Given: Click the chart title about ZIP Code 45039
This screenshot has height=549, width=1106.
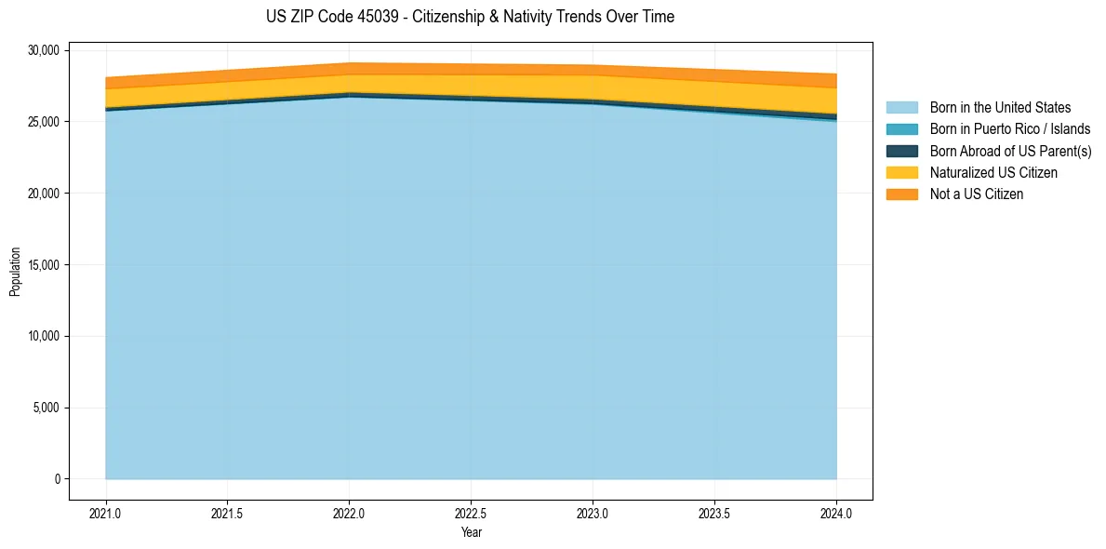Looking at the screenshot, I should click(x=470, y=17).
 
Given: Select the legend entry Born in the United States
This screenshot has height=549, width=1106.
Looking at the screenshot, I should click(x=1000, y=108).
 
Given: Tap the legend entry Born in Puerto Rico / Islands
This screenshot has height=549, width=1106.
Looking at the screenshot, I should click(x=1010, y=129).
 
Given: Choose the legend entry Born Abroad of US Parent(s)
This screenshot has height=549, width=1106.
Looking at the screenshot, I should click(x=1010, y=151).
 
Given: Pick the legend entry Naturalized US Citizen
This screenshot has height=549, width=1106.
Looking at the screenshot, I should click(x=993, y=173).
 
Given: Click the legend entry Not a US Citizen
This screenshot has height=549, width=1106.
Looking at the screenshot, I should click(x=977, y=194).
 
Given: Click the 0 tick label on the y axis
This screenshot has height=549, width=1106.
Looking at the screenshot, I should click(x=57, y=479).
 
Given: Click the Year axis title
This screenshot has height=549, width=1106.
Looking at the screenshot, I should click(x=471, y=532).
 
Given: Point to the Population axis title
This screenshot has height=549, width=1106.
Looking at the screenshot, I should click(x=15, y=272).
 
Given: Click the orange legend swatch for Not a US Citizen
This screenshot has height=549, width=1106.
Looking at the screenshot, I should click(x=901, y=194).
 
